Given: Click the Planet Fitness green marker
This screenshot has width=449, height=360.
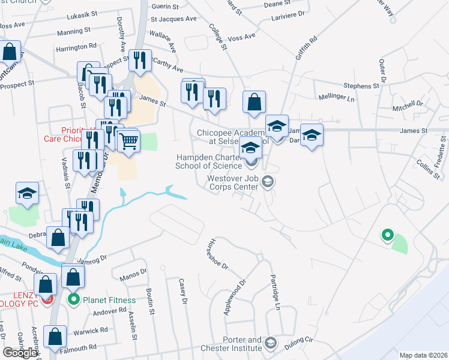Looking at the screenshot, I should click(x=74, y=299).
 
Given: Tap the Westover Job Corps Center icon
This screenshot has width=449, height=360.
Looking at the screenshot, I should click(x=268, y=181).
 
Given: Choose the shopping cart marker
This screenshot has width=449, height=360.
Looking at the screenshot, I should click(x=128, y=142).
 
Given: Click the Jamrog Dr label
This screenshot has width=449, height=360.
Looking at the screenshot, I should click(x=92, y=259).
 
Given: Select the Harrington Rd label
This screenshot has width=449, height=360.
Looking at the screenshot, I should click(x=76, y=46).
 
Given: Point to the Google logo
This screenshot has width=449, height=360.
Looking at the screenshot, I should click(x=20, y=352).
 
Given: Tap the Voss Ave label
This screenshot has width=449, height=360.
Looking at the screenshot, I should click(x=242, y=37).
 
